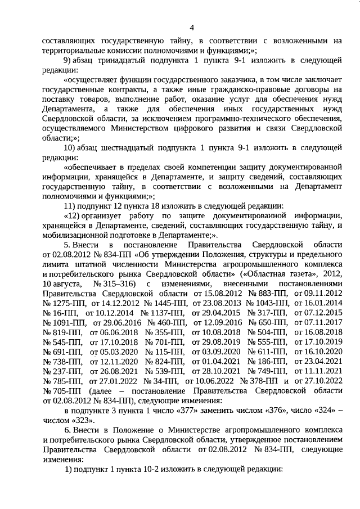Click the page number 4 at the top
[192, 27]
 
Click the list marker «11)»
[72, 206]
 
